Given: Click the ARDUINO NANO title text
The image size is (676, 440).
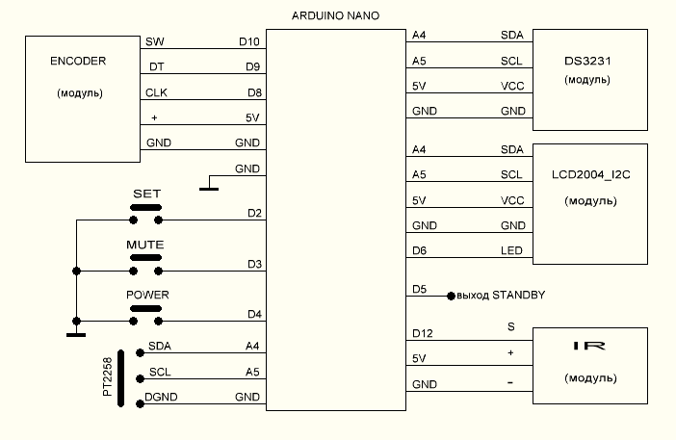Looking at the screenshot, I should tap(334, 16).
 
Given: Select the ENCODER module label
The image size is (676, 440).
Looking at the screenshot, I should tap(77, 62).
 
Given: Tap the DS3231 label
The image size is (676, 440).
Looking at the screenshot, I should tap(588, 61).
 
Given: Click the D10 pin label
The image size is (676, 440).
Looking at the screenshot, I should tap(248, 42).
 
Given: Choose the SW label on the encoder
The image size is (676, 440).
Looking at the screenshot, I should tap(153, 42).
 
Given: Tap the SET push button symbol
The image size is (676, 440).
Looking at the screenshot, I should tap(145, 207).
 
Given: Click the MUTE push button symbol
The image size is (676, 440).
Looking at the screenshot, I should tap(145, 258).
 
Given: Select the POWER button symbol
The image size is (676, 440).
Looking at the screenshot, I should tap(145, 308).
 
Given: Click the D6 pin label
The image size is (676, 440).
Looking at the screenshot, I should tap(419, 250).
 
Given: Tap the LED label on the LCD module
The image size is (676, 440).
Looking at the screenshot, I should tap(512, 250).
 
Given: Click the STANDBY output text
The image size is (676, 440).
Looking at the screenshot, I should tap(501, 295).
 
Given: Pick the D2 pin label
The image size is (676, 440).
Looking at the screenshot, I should tap(255, 213).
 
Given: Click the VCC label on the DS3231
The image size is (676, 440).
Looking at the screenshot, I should tap(512, 85).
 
